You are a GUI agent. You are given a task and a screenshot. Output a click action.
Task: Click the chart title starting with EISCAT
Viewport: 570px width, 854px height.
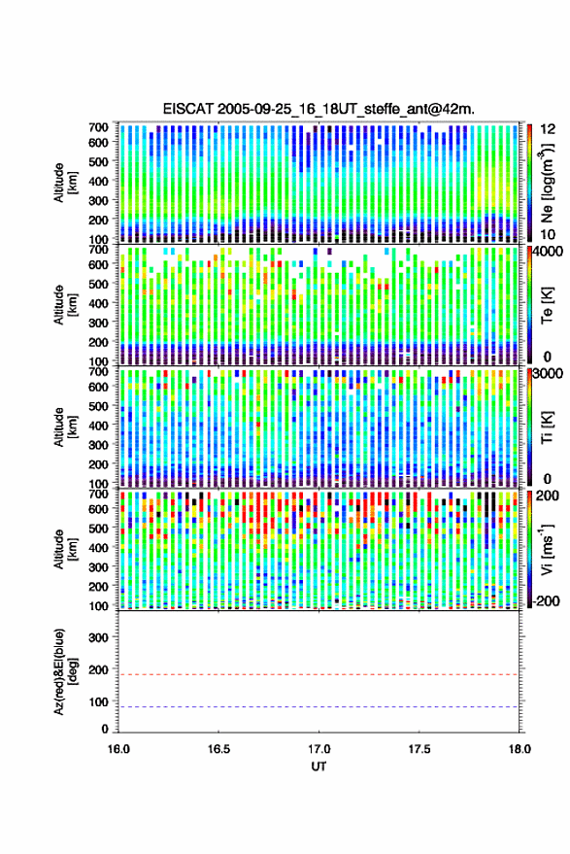pos(319,109)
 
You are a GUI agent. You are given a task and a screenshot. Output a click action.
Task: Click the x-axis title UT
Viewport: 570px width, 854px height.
pos(319,767)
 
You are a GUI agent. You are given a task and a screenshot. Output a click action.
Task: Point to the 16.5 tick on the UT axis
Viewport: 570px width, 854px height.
pos(218,749)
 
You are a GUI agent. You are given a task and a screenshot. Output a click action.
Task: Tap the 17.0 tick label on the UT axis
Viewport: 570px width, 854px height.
pos(319,749)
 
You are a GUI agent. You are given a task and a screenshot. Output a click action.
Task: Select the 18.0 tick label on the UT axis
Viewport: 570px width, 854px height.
pos(519,749)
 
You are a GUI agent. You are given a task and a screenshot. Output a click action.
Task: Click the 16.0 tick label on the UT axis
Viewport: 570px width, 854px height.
pos(118,749)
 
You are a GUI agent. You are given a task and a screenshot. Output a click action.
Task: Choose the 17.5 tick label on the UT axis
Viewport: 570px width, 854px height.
pos(419,749)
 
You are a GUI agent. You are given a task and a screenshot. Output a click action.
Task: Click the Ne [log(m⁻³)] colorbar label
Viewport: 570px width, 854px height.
pos(547,183)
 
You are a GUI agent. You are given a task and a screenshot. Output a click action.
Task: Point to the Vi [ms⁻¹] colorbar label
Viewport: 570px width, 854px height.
pos(547,549)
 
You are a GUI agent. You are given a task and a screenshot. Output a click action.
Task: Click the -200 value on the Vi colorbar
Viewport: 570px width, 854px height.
pos(546,601)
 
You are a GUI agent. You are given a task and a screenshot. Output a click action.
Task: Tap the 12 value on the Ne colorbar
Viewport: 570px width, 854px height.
pos(548,129)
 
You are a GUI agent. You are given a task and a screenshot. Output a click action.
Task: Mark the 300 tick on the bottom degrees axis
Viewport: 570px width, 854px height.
pos(98,637)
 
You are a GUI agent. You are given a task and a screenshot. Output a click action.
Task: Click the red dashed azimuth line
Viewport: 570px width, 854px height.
pos(319,675)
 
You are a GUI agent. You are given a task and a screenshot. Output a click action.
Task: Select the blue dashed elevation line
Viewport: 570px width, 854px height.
pos(319,707)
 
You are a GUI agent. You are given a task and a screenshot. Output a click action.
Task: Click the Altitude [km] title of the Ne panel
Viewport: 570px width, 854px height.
pos(65,183)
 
